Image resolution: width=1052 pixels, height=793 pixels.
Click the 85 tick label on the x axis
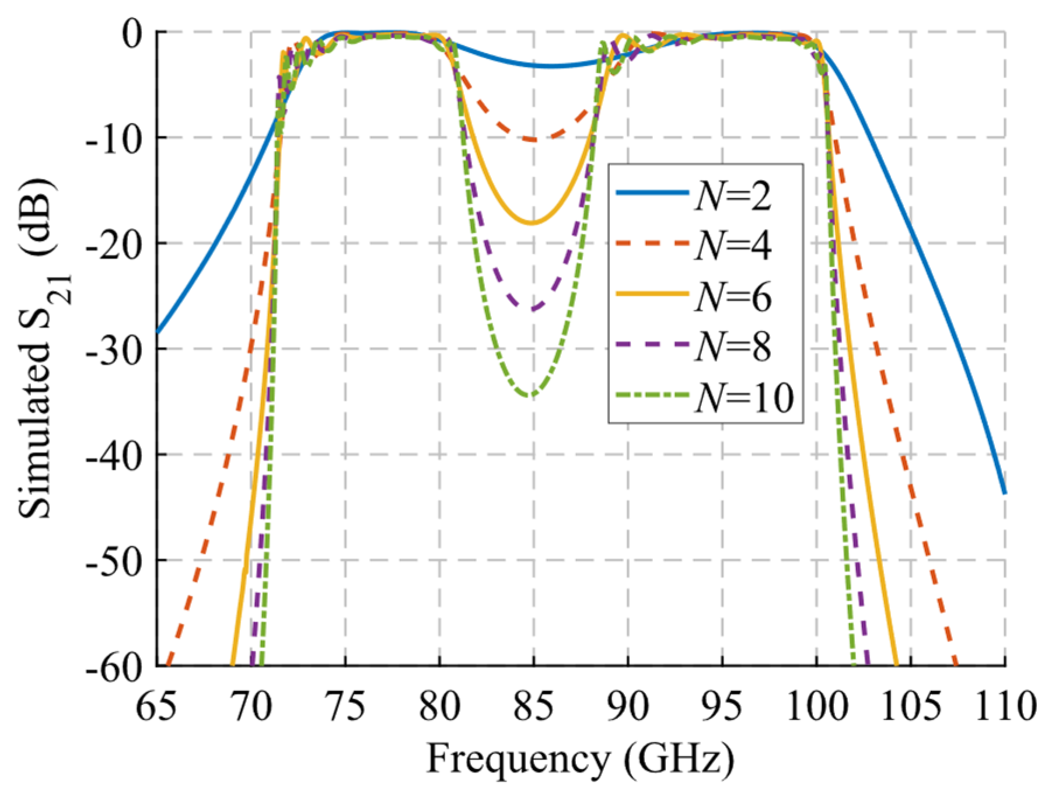pyautogui.click(x=533, y=706)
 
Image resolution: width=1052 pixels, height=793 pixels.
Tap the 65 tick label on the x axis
pyautogui.click(x=156, y=706)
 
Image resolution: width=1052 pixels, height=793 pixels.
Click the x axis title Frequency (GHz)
pyautogui.click(x=581, y=759)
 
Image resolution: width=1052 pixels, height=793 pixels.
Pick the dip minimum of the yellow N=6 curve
pyautogui.click(x=532, y=223)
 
